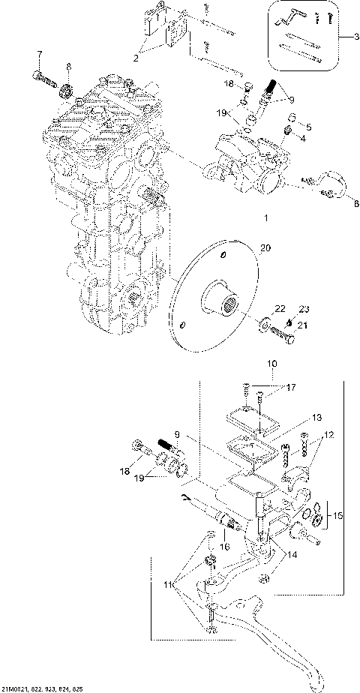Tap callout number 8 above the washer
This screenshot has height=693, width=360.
point(68,67)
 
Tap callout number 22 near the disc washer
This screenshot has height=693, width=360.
point(259,308)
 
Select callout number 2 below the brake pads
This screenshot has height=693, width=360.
point(136,56)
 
